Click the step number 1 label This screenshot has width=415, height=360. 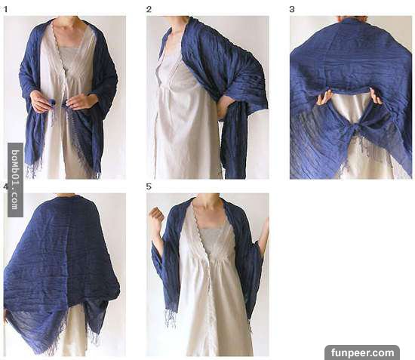point(5,10)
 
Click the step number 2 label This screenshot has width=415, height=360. point(149,10)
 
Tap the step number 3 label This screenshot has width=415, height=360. point(292,10)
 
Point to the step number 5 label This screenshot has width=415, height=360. point(149,186)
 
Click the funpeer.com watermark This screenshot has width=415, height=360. point(362,352)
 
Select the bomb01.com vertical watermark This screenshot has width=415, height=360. point(15,180)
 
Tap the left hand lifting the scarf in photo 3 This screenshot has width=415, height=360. point(324,97)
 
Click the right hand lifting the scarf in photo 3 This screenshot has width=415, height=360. point(376,96)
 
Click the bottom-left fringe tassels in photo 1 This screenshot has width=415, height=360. point(32,169)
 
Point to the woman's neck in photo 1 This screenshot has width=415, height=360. point(66,22)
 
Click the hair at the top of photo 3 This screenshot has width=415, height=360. point(352,18)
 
